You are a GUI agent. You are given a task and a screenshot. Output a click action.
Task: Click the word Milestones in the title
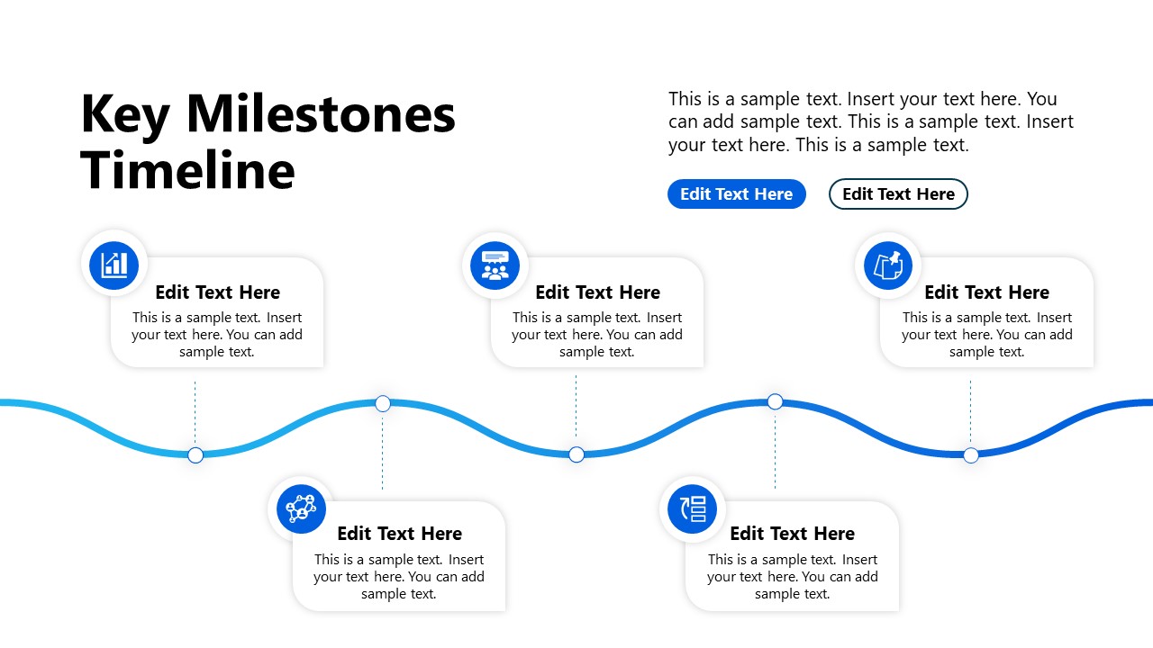tap(321, 115)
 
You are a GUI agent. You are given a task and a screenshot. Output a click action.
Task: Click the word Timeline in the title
tap(187, 169)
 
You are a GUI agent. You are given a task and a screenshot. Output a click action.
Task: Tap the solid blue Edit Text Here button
tap(736, 193)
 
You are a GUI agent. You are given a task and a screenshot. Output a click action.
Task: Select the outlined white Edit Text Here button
tap(898, 193)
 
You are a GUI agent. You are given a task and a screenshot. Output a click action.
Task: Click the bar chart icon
tap(114, 265)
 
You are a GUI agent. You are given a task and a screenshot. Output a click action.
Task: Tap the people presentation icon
tap(495, 265)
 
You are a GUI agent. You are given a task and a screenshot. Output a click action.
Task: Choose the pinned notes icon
tap(887, 265)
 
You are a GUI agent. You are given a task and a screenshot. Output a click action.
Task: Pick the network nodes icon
tap(301, 508)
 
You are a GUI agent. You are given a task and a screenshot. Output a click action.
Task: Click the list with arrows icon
tap(692, 508)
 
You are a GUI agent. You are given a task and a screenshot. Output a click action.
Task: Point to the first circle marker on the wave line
tap(195, 454)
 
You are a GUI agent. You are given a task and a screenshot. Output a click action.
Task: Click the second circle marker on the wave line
tap(383, 403)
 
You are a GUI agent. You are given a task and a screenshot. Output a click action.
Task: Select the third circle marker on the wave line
tap(576, 454)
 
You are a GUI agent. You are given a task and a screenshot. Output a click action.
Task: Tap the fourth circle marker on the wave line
tap(775, 401)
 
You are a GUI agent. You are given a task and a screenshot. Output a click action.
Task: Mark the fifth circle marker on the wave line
tap(971, 454)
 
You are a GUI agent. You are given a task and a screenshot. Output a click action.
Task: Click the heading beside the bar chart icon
tap(217, 292)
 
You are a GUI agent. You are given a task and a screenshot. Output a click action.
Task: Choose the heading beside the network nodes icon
tap(399, 533)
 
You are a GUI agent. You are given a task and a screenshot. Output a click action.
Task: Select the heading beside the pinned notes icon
tap(986, 292)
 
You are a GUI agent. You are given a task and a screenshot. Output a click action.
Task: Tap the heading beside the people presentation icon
tap(597, 292)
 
